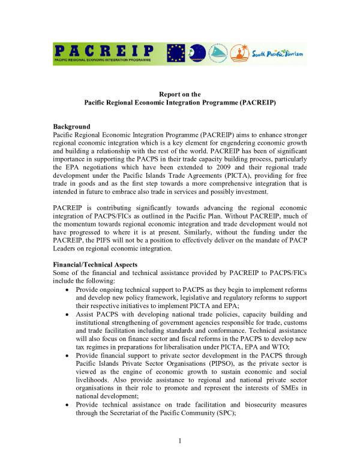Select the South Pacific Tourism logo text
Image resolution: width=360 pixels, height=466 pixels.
[279, 55]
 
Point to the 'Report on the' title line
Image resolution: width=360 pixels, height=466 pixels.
[179, 94]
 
